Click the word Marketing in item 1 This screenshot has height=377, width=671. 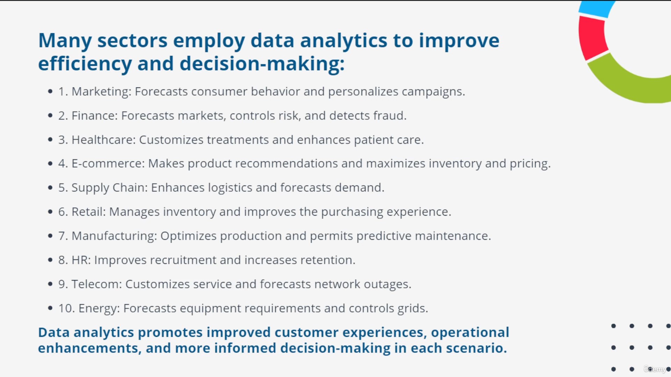point(101,92)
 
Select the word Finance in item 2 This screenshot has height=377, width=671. point(95,116)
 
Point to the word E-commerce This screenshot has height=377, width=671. point(108,163)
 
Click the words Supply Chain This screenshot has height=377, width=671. point(109,188)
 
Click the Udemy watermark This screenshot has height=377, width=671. point(655,369)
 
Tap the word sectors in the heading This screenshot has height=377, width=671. point(132,41)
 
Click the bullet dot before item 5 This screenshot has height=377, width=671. point(50,188)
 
